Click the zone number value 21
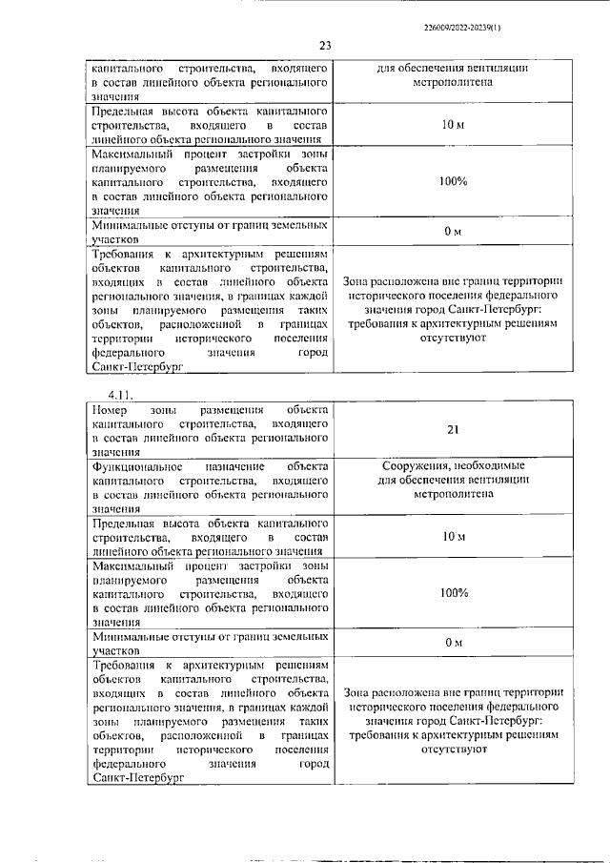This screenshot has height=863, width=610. point(453,430)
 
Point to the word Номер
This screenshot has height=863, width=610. point(111,409)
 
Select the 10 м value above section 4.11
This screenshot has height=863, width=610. point(453,125)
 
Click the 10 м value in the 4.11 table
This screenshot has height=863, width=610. point(453,537)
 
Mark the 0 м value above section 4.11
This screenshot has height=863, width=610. point(453,232)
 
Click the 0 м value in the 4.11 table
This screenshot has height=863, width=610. point(453,644)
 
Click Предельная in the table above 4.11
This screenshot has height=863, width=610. point(125,111)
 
